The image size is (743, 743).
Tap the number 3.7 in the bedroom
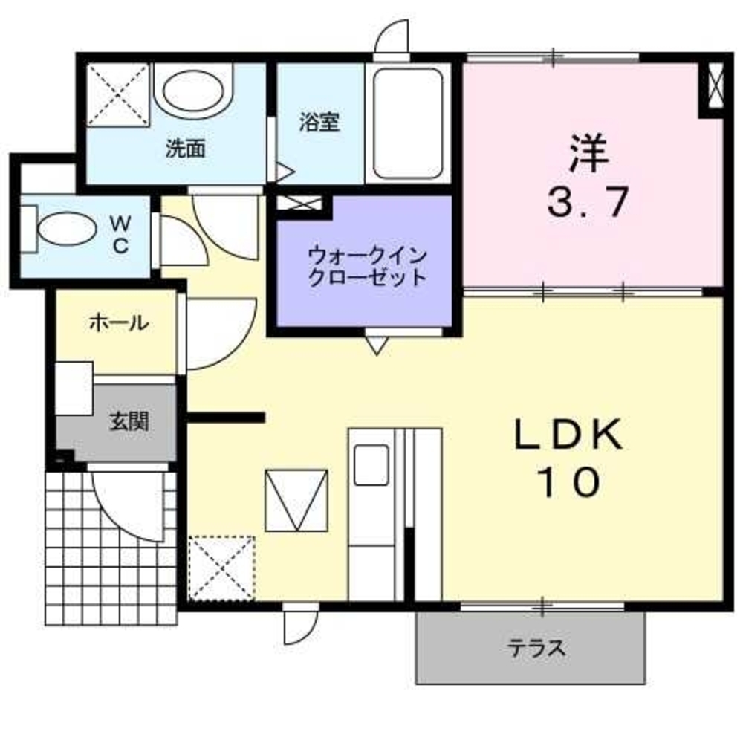click(588, 201)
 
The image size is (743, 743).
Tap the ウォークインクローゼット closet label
click(367, 267)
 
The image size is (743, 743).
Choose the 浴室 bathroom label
click(319, 122)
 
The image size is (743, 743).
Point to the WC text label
click(121, 234)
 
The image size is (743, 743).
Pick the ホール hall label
click(118, 322)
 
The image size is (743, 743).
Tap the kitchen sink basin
click(371, 464)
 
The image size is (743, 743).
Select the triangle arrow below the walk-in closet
click(376, 344)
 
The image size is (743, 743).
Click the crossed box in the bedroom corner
click(716, 88)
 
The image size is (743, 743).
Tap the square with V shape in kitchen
click(296, 500)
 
